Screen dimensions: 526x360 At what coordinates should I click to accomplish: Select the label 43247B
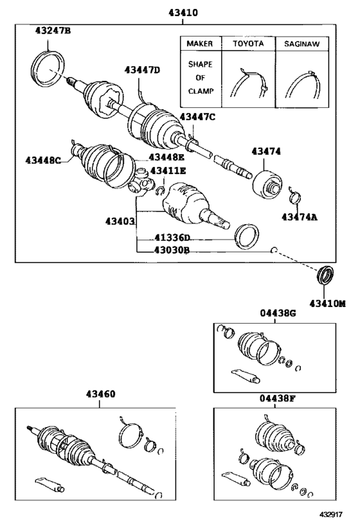tap(54, 30)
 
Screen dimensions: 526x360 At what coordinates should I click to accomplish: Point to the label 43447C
tap(197, 116)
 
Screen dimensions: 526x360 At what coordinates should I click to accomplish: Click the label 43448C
tap(44, 161)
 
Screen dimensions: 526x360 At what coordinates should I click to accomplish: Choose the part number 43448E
tap(166, 157)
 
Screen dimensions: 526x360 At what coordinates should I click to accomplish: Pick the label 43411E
tap(168, 171)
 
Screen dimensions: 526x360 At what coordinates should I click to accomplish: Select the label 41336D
tap(168, 238)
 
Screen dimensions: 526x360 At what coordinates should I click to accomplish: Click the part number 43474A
tap(299, 218)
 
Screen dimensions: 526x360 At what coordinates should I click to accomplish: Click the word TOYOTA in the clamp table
tap(248, 44)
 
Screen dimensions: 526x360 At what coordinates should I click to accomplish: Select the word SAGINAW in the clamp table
tap(303, 44)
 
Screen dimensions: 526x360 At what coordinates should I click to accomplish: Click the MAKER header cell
tap(199, 44)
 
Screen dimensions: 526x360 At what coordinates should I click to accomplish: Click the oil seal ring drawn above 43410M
tap(327, 276)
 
